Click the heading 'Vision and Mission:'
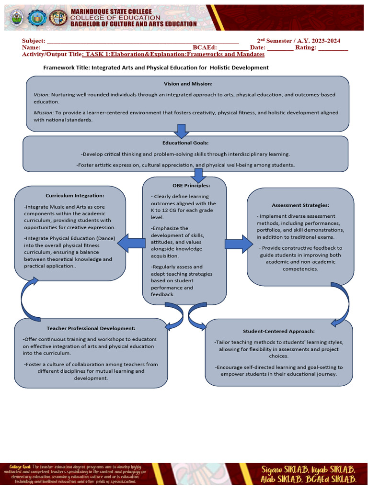click(188, 84)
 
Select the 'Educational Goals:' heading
click(185, 143)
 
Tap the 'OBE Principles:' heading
click(184, 185)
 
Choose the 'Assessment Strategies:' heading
click(300, 205)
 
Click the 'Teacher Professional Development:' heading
click(91, 328)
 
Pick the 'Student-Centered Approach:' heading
click(278, 331)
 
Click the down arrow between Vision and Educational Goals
click(181, 130)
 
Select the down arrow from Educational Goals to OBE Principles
click(197, 175)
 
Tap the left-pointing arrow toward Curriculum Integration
click(131, 243)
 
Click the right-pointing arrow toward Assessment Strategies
click(238, 244)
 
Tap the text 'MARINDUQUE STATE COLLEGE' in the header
click(111, 11)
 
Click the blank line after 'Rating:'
click(333, 48)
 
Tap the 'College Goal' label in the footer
click(20, 466)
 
